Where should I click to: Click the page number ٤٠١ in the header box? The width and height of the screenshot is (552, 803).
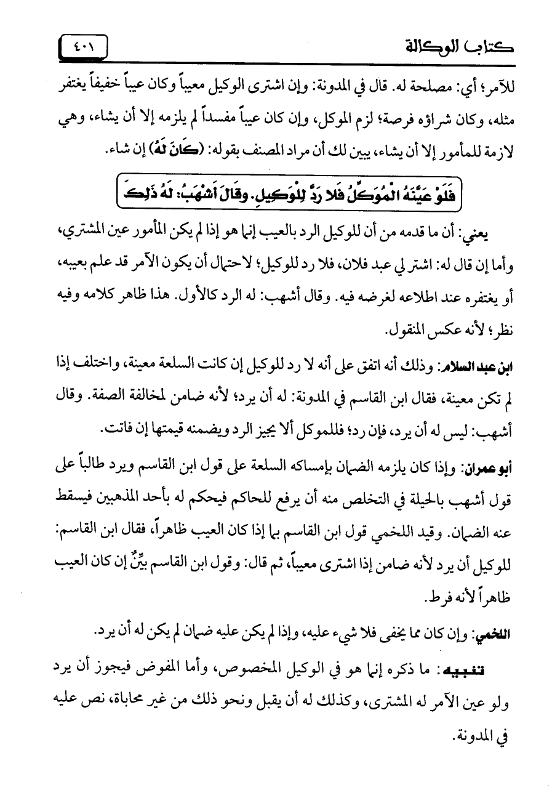(x=83, y=47)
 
